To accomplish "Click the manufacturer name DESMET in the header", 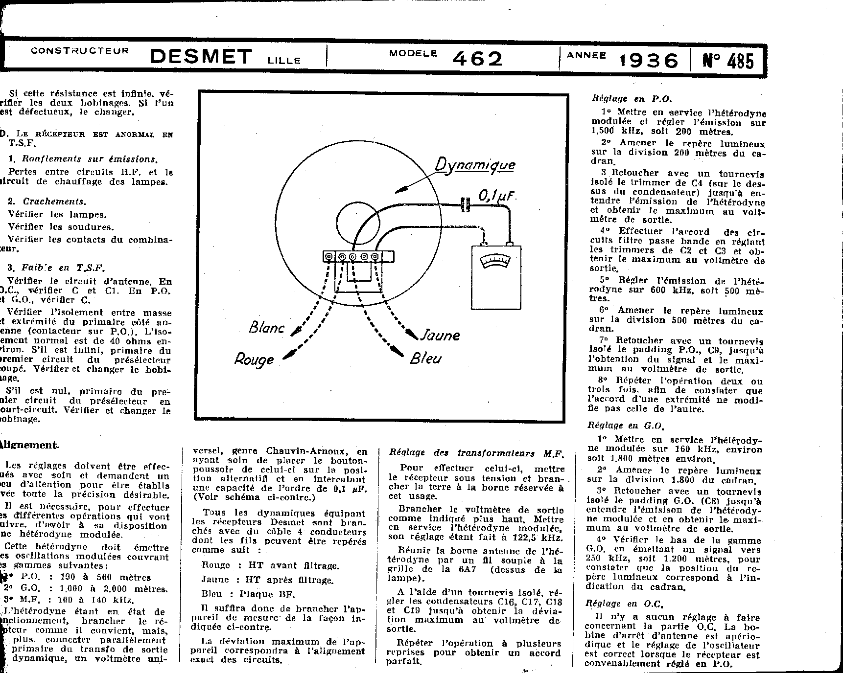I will pos(201,57).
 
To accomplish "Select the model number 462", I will pos(477,59).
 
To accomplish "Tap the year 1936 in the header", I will pos(649,61).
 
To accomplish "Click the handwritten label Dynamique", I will pos(475,164).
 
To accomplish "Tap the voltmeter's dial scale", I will pos(495,262).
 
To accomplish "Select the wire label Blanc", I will pos(267,327).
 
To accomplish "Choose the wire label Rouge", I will pos(254,360).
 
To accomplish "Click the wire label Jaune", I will pos(441,336).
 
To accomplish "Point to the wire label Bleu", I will pos(426,359).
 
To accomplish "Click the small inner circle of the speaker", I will pos(358,223).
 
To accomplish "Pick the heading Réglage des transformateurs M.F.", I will pos(476,453).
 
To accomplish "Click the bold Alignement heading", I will pos(29,445).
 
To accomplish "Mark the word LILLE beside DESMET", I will pos(284,61).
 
